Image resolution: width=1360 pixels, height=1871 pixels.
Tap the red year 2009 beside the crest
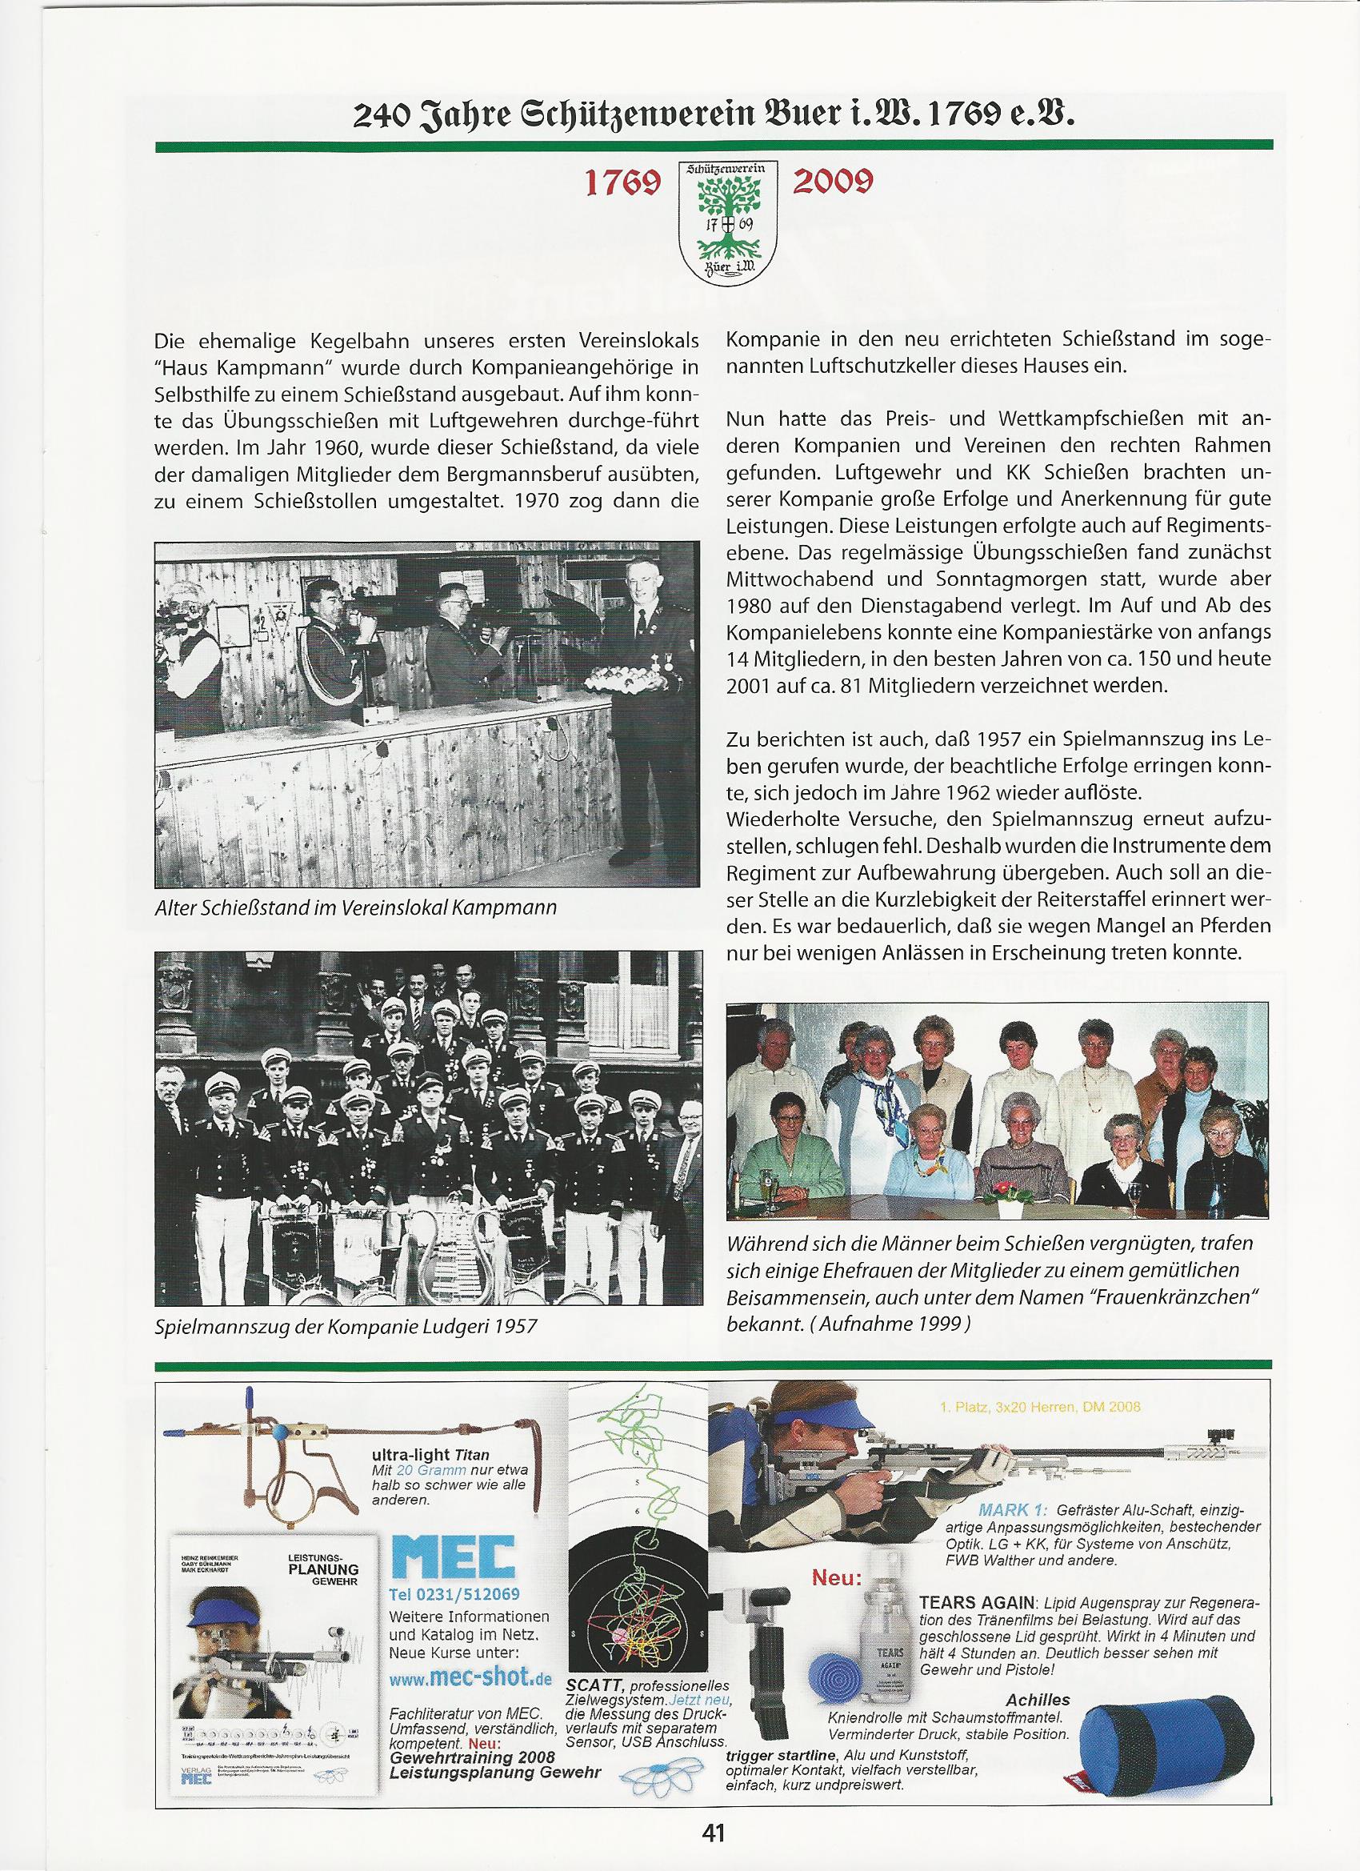pyautogui.click(x=832, y=183)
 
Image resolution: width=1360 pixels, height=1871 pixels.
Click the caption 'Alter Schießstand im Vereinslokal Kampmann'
pyautogui.click(x=354, y=909)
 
